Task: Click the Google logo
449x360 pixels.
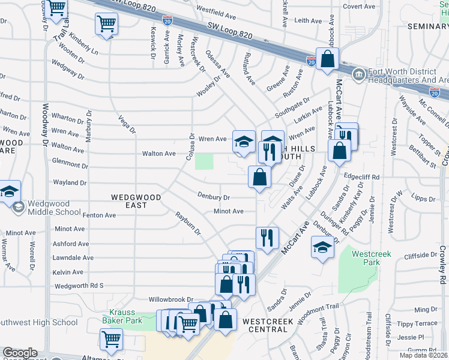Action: pos(20,353)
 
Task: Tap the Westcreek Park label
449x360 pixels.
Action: pos(371,258)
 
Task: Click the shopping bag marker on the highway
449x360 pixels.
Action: pos(327,59)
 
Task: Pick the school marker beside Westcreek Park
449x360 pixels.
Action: pos(322,247)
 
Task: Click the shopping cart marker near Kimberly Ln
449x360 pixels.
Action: pos(106,25)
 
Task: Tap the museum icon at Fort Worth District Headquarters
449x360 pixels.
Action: pos(358,75)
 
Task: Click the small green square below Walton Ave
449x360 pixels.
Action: pos(204,161)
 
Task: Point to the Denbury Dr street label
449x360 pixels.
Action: pos(214,197)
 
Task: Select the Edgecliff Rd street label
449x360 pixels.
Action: pos(362,178)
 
